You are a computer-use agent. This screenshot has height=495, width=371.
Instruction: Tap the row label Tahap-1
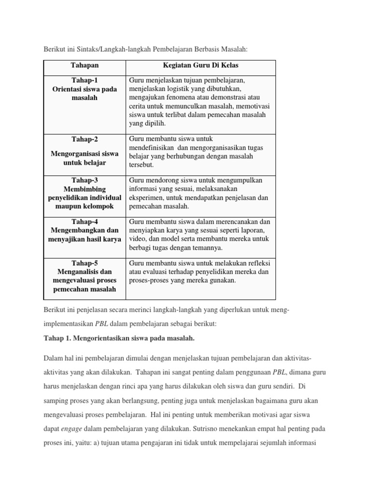(x=85, y=80)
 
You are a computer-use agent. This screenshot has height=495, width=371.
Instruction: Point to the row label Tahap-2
(x=85, y=139)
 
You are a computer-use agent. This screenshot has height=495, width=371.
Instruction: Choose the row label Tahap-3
(x=85, y=180)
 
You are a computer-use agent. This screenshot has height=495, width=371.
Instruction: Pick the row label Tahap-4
(x=85, y=221)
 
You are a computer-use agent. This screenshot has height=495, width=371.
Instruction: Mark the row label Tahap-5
(x=85, y=263)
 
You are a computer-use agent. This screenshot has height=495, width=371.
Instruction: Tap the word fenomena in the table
(x=178, y=98)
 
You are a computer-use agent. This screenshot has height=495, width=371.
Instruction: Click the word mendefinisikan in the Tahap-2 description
(x=153, y=147)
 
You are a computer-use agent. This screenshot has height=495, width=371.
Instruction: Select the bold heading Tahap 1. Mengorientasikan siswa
(x=119, y=338)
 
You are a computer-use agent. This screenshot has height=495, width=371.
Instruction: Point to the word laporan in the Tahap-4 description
(x=257, y=231)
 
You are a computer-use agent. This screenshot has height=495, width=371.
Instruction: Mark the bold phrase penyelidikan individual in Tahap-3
(x=85, y=198)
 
